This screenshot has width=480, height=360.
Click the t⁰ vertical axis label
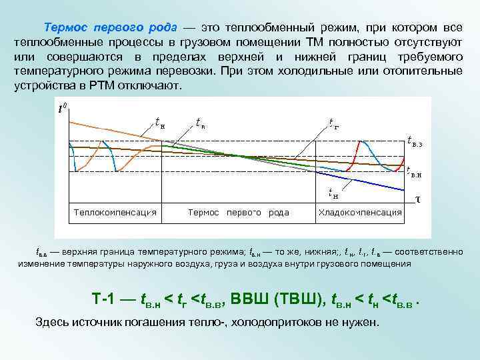(x=63, y=107)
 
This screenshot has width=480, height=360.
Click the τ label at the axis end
(x=417, y=199)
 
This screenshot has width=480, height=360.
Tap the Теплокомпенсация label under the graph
(x=115, y=213)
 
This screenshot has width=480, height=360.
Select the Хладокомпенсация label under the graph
(x=361, y=213)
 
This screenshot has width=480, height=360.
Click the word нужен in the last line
(x=360, y=323)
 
